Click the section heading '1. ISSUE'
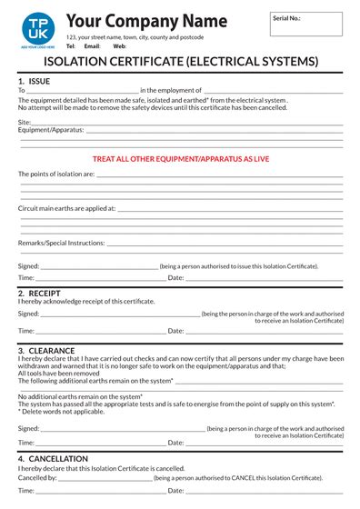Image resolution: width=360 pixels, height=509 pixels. click(35, 81)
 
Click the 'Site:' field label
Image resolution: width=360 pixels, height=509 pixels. click(25, 121)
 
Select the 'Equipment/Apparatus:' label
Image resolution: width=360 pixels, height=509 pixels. click(51, 129)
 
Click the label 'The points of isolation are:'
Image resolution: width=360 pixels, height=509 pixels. click(56, 173)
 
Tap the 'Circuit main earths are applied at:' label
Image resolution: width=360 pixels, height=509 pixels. click(67, 208)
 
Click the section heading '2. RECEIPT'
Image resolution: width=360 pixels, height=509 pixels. click(39, 294)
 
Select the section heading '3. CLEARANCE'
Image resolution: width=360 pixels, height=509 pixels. click(45, 349)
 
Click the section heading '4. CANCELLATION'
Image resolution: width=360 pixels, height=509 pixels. click(53, 459)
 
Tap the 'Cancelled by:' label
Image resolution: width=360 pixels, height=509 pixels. click(37, 476)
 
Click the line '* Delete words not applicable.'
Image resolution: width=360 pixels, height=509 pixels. click(64, 411)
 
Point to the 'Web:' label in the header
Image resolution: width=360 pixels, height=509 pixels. click(119, 45)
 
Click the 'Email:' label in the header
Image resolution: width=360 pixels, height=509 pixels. click(92, 45)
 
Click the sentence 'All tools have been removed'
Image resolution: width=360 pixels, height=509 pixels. click(59, 373)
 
